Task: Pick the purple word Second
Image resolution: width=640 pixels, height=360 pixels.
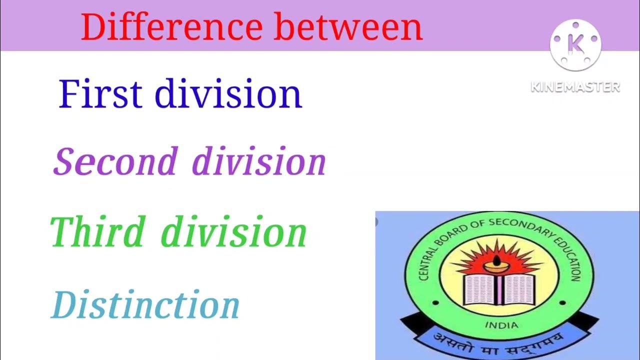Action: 115,161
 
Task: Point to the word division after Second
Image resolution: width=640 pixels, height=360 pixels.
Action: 259,161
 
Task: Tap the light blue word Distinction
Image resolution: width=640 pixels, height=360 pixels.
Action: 145,305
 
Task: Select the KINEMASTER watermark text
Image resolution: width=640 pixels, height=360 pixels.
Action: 575,87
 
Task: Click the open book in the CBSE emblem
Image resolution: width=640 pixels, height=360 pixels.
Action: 499,288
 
